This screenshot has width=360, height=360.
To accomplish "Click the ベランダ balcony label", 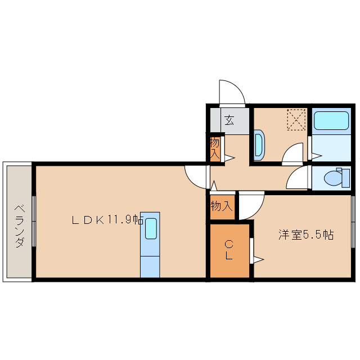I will pyautogui.click(x=19, y=224).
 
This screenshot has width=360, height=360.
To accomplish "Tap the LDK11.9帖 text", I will pyautogui.click(x=107, y=220).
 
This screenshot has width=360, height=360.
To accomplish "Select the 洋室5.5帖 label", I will pyautogui.click(x=306, y=235).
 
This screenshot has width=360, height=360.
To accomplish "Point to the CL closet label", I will pyautogui.click(x=229, y=250).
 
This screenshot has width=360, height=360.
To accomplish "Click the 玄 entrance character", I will pyautogui.click(x=229, y=120).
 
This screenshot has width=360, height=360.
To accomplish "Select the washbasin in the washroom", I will pyautogui.click(x=258, y=144).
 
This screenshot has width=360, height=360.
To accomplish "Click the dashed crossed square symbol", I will pyautogui.click(x=295, y=119).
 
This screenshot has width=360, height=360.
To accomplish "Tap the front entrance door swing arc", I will pyautogui.click(x=232, y=93).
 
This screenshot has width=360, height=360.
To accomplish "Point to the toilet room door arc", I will pyautogui.click(x=296, y=178).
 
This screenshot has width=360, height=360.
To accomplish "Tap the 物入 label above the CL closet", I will pyautogui.click(x=221, y=206).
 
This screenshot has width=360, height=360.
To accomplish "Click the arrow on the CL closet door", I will pyautogui.click(x=258, y=259).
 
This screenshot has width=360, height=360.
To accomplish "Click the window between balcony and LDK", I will pyautogui.click(x=34, y=221).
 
